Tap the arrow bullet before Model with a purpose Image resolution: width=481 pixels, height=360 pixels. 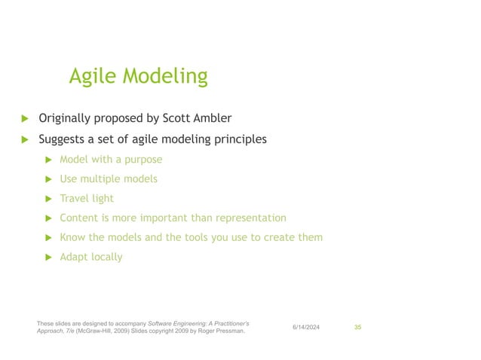(48, 160)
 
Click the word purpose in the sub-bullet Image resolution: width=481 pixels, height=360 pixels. (142, 160)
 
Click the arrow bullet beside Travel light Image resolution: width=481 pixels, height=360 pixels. (48, 199)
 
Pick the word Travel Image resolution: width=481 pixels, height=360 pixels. (75, 199)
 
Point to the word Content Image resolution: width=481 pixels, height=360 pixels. (80, 218)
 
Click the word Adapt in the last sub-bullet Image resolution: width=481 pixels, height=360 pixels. (74, 257)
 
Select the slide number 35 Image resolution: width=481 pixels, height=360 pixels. (358, 326)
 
